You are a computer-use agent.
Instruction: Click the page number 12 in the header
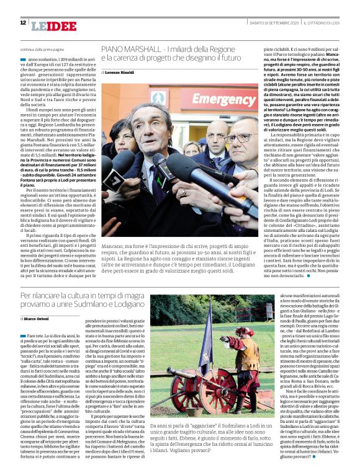23,22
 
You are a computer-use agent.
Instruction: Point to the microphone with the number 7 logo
115,181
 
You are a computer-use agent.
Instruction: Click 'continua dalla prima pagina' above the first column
43,49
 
